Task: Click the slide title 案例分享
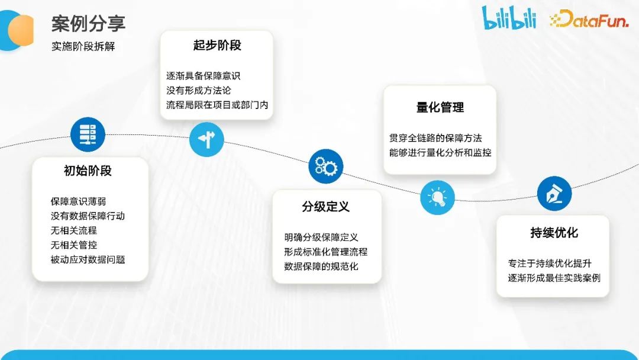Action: pos(88,24)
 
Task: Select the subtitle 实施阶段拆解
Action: pos(83,46)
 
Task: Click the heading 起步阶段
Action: pos(217,46)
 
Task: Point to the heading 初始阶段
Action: pos(88,171)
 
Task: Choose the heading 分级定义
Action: pos(325,207)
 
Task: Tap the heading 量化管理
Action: pos(440,107)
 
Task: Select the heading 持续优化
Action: pos(554,233)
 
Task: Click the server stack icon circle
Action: pos(88,134)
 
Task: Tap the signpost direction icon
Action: pos(206,139)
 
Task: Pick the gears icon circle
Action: pos(326,166)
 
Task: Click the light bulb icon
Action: pos(437,197)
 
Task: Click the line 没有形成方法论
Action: pos(198,91)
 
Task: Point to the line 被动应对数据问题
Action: pos(88,259)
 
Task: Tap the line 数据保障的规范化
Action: pos(321,266)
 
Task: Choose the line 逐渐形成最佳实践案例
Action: pos(554,278)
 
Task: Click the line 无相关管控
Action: pos(73,245)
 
